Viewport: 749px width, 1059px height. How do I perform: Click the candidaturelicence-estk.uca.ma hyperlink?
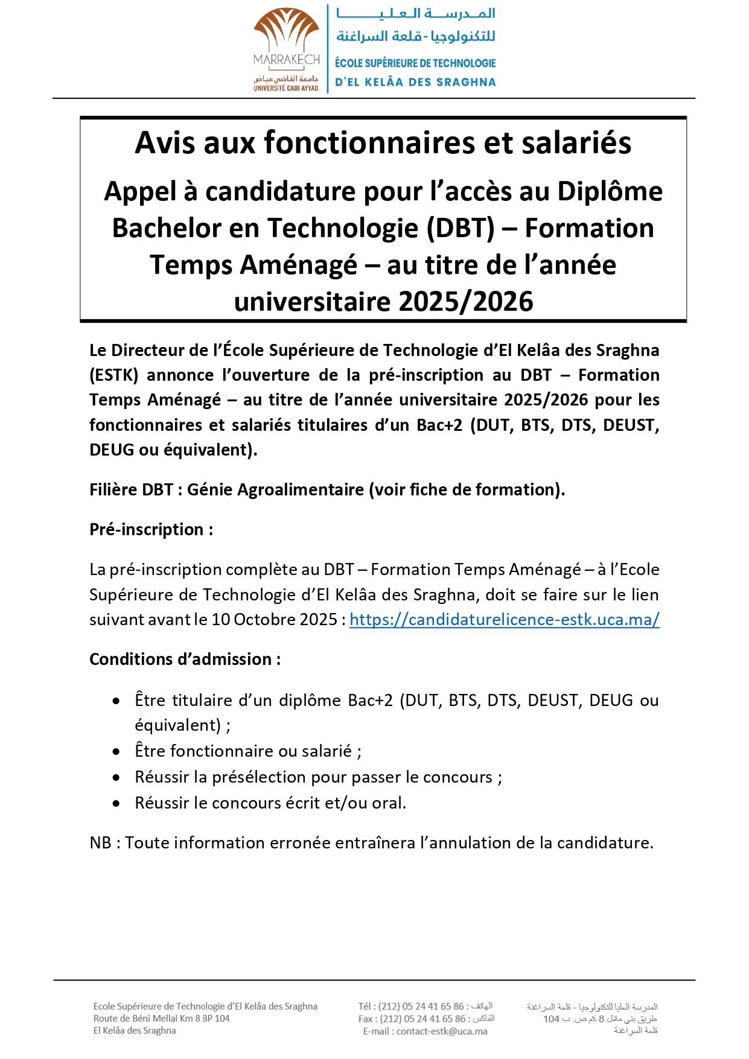click(x=504, y=620)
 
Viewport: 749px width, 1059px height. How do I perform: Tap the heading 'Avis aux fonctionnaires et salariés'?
click(x=383, y=143)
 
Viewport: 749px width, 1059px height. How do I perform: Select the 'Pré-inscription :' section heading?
click(x=151, y=529)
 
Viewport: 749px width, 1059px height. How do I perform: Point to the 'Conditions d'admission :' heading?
click(x=185, y=659)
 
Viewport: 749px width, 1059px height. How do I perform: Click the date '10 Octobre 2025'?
click(x=274, y=620)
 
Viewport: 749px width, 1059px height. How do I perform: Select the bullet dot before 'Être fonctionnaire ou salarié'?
click(x=116, y=752)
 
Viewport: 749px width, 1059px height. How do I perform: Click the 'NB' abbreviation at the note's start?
click(x=100, y=842)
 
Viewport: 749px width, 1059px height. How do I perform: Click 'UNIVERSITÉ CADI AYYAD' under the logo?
click(x=285, y=88)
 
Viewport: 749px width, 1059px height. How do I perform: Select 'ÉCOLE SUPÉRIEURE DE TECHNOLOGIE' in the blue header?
click(x=415, y=63)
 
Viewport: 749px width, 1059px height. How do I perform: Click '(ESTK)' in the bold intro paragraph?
click(x=113, y=375)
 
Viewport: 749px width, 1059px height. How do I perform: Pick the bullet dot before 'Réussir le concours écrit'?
click(x=116, y=804)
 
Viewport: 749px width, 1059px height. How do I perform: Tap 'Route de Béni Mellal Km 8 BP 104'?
click(x=161, y=1019)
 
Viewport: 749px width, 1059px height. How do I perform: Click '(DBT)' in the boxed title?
click(x=461, y=228)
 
